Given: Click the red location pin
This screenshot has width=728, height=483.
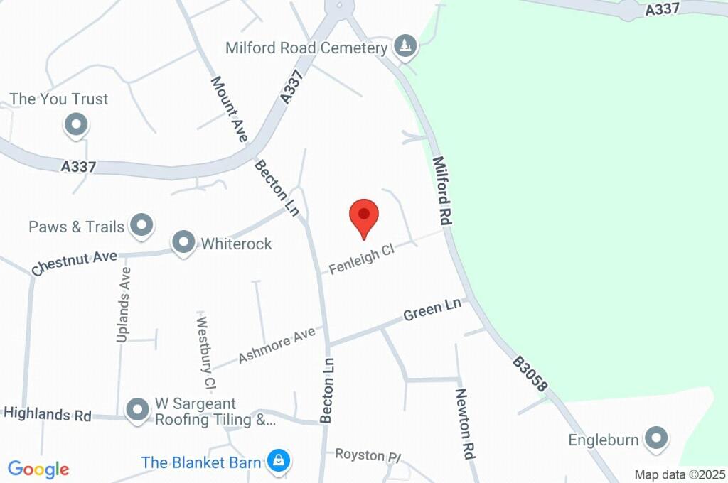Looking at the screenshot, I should tap(364, 217).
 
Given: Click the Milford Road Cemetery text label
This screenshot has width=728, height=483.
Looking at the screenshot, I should tap(306, 48).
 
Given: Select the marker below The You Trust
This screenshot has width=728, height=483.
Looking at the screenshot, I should tap(75, 126).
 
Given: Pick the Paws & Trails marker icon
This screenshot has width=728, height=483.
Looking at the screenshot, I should tap(142, 225).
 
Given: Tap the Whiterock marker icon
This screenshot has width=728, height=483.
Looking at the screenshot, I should tap(184, 243).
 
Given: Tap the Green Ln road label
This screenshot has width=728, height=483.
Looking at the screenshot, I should tap(432, 310).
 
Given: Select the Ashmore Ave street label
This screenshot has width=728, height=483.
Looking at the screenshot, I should tap(276, 344).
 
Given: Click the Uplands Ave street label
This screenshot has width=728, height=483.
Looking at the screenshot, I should tap(124, 305).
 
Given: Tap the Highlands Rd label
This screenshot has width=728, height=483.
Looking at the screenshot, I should tap(48, 413).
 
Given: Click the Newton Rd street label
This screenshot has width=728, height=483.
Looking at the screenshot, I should tap(465, 424).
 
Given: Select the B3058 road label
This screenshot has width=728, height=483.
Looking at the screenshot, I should tap(530, 374).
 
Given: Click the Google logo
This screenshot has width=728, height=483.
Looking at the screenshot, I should tap(38, 469).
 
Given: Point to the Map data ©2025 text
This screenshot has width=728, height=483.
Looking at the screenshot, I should tap(680, 474).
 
